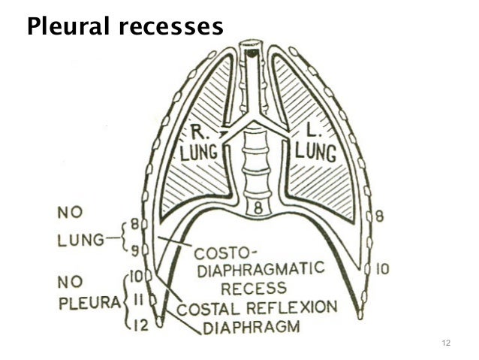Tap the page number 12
[447, 343]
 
